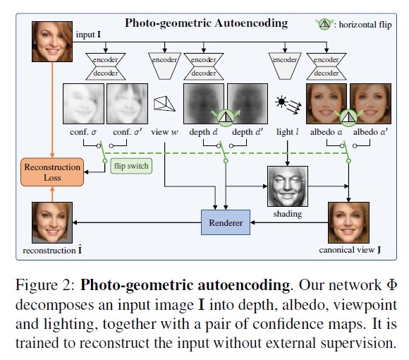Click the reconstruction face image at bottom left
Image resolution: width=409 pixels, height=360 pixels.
click(x=51, y=224)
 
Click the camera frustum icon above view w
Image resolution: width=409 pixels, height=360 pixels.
click(x=165, y=104)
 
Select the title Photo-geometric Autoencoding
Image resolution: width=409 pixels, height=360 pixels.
click(x=206, y=23)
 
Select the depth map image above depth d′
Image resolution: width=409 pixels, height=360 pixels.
click(x=248, y=105)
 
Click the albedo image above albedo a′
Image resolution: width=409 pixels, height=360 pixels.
click(x=370, y=105)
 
